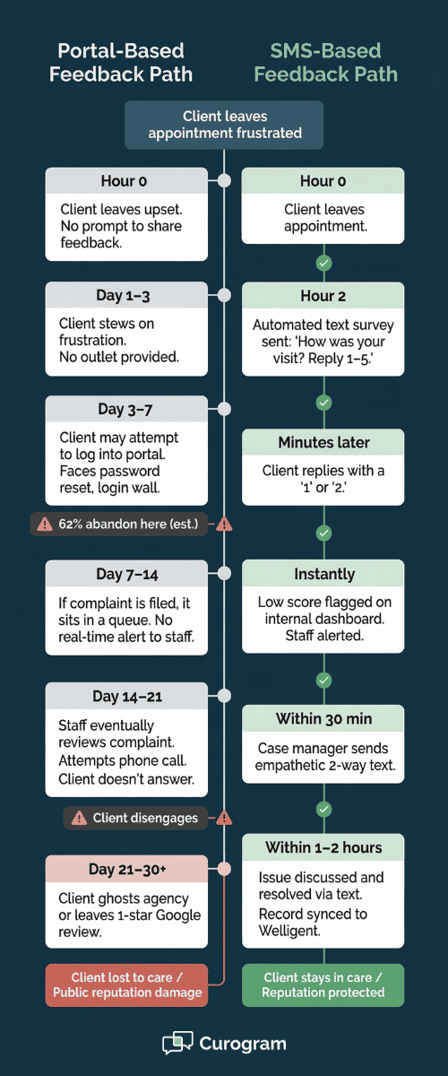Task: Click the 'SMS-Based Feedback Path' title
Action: tap(325, 63)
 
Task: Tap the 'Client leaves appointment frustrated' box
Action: tap(224, 125)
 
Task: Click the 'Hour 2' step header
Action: tap(323, 295)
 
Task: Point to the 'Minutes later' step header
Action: tap(323, 442)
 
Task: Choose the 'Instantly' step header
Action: tap(323, 574)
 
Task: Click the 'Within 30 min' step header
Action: tap(323, 719)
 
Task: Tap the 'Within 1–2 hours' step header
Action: tap(323, 847)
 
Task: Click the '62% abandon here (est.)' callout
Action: tap(120, 524)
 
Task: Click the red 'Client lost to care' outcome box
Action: tap(126, 985)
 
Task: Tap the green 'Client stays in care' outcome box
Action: tap(323, 985)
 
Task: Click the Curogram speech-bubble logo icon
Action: tap(177, 1044)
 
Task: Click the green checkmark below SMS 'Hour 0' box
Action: tap(324, 263)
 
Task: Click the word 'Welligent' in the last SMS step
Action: tap(289, 931)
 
